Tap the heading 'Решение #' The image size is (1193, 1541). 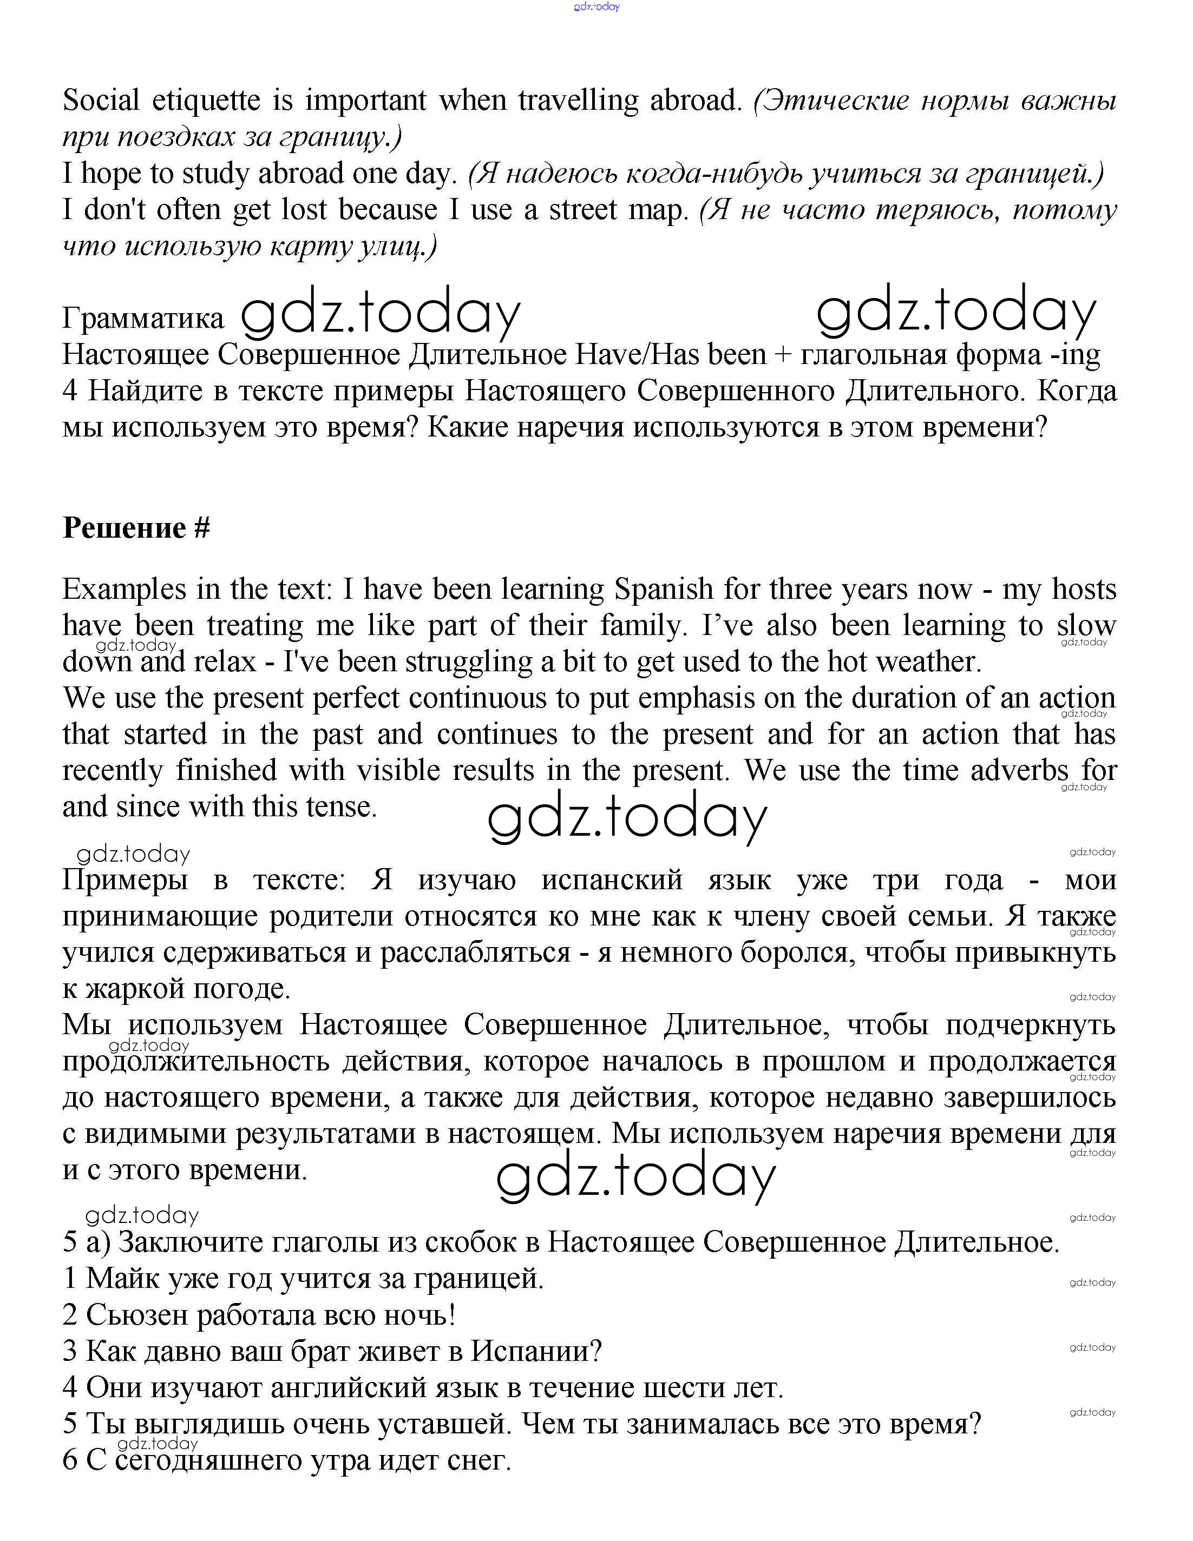136,528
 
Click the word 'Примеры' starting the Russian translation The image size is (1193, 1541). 125,880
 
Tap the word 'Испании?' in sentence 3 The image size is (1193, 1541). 536,1351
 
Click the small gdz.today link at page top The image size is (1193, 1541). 596,6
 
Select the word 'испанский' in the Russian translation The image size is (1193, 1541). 611,880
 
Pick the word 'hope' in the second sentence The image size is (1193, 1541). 111,174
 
